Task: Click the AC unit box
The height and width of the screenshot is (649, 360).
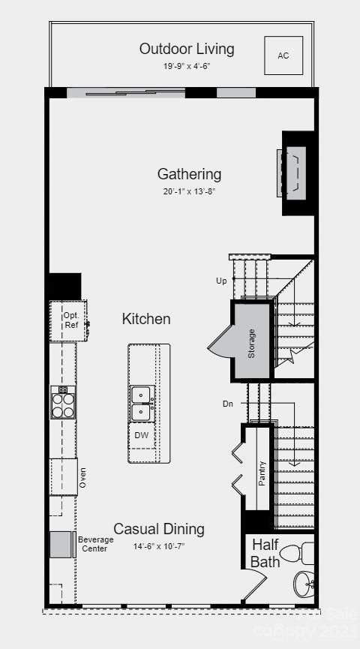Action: [x=283, y=56]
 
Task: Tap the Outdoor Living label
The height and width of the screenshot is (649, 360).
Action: [x=187, y=49]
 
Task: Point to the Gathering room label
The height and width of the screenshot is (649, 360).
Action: [x=189, y=174]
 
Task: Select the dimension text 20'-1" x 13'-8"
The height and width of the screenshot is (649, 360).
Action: [x=189, y=191]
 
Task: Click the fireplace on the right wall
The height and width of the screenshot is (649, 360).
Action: [x=293, y=173]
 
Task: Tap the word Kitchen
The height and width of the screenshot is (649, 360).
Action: [x=146, y=319]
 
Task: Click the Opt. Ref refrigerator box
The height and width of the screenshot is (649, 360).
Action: [x=70, y=321]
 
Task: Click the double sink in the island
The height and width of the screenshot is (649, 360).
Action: [x=141, y=404]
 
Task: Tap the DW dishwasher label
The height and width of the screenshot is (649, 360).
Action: [x=141, y=435]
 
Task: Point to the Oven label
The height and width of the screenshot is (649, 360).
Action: [x=83, y=478]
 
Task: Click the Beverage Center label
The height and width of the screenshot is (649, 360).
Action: [x=95, y=544]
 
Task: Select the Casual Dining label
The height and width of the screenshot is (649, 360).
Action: [x=159, y=529]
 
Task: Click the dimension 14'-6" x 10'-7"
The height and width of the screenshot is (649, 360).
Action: [x=159, y=546]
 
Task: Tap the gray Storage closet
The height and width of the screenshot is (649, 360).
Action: [x=251, y=342]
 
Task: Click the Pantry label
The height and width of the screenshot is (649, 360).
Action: [x=262, y=473]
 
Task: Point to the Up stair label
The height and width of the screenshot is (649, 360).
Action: [x=221, y=281]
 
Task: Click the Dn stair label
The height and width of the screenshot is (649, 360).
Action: [x=227, y=404]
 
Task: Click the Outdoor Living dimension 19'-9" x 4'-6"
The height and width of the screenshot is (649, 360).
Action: [x=187, y=66]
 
